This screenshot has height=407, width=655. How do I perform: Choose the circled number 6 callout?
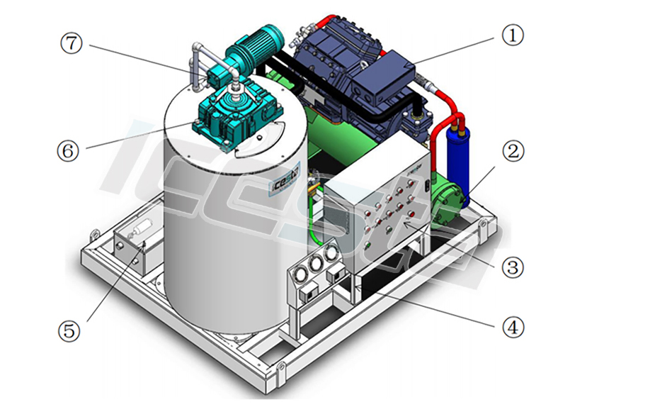pos(69,150)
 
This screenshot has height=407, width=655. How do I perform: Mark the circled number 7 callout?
pos(72,43)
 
